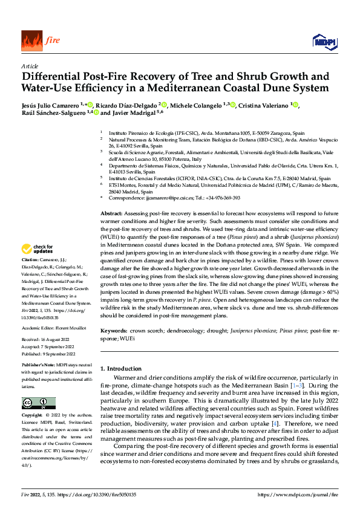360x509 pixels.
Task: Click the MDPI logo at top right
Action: click(323, 41)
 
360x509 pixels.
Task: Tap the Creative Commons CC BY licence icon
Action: click(38, 403)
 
